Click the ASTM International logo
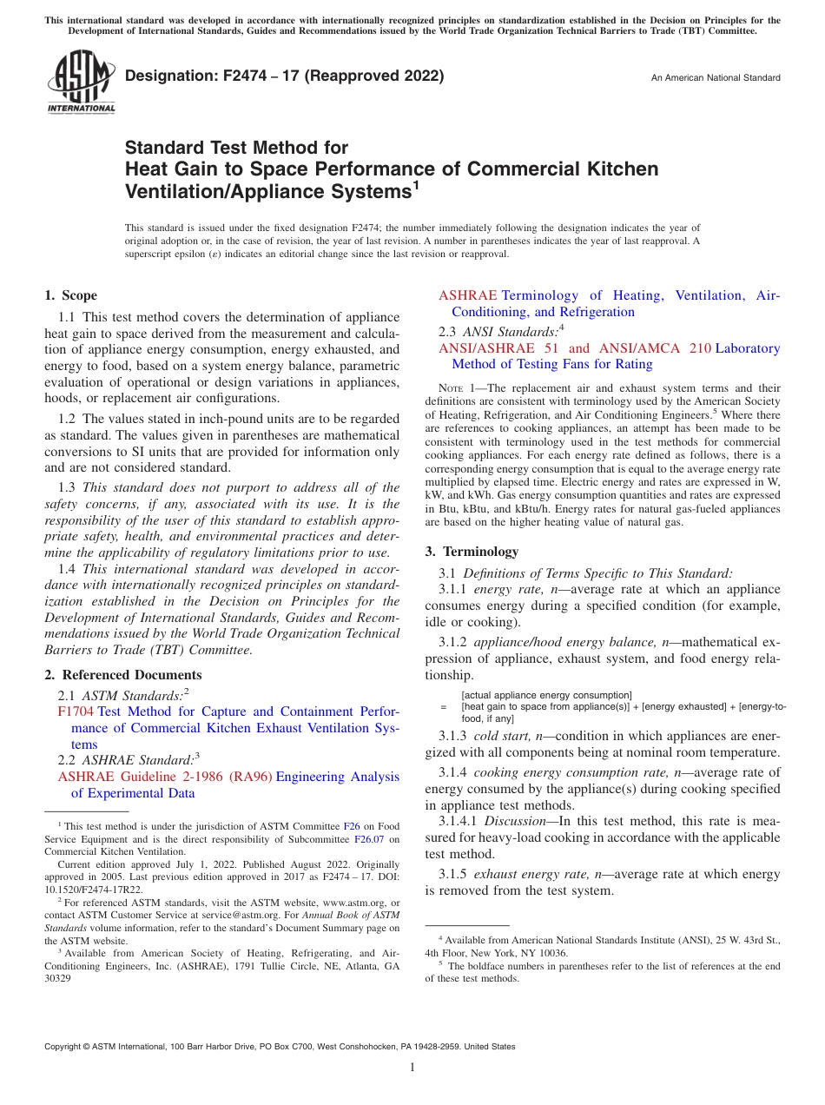coord(80,83)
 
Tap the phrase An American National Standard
coord(716,78)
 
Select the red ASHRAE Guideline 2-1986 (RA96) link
coord(164,777)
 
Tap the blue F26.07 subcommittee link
coord(370,839)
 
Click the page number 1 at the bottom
coord(412,1068)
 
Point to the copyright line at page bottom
coord(280,1047)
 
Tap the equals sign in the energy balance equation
coord(443,707)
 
